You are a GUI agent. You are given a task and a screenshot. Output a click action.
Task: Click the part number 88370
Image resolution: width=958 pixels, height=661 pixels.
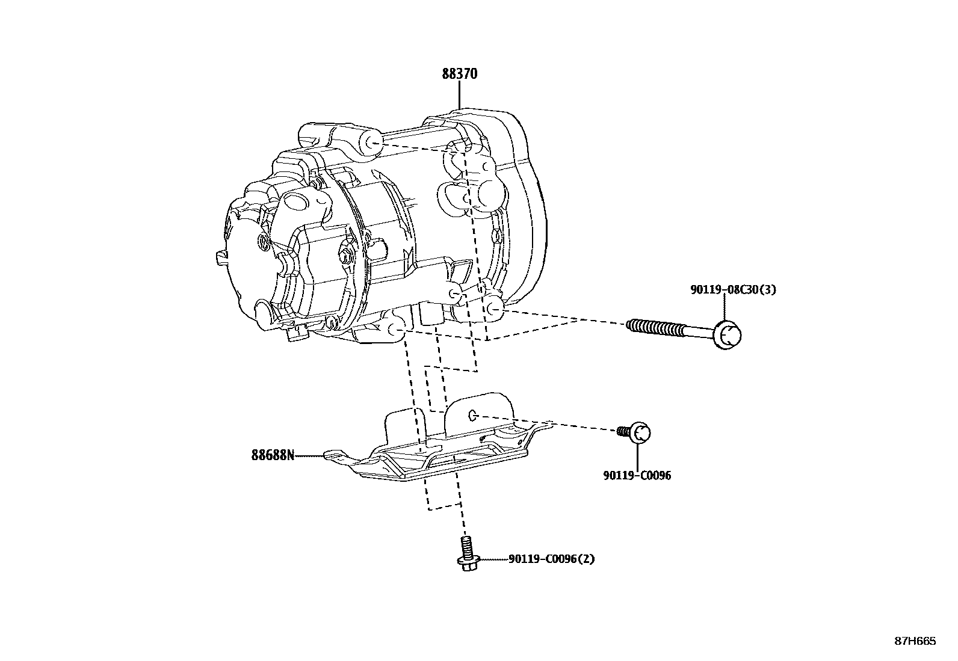point(460,74)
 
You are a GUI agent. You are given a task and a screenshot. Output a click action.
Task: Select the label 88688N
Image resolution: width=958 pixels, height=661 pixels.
point(273,455)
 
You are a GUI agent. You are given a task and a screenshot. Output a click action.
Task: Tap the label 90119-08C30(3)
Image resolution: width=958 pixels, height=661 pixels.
point(733,290)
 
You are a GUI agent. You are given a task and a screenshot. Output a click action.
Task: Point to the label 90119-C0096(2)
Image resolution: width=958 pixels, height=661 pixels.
point(551,559)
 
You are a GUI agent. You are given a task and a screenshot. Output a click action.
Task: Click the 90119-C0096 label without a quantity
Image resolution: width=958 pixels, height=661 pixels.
point(637,476)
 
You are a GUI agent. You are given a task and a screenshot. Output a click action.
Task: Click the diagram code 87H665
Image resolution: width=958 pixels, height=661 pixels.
point(915,641)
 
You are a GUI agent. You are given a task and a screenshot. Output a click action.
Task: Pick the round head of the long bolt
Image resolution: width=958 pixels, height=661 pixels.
point(727,335)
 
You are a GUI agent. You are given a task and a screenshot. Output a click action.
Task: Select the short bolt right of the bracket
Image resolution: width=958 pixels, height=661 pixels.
point(635,432)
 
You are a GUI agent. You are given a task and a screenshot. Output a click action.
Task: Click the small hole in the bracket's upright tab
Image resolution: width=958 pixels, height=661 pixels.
point(472,414)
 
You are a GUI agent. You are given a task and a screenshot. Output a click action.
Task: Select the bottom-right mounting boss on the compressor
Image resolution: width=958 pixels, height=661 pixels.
point(493,308)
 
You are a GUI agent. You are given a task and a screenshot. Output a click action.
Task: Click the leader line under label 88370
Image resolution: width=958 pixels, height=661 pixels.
point(459,95)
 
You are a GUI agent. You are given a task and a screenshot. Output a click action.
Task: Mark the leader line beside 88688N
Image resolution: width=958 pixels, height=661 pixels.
point(309,456)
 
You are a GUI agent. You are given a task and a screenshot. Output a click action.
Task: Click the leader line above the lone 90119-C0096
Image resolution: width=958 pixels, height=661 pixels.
point(637,456)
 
